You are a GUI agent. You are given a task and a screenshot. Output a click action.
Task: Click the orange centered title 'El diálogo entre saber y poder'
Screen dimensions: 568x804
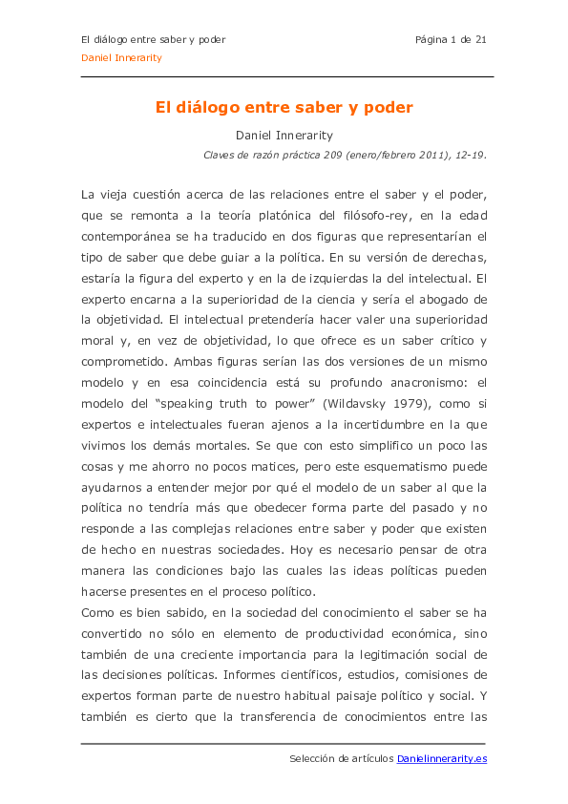284,108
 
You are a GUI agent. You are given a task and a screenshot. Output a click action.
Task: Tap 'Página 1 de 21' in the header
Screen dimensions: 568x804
451,39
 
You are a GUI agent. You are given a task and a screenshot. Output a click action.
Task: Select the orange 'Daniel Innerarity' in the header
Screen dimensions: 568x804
121,57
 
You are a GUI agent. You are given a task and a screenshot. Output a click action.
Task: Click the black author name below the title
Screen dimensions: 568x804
284,136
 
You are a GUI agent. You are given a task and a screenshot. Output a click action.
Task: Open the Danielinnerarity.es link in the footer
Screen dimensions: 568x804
442,759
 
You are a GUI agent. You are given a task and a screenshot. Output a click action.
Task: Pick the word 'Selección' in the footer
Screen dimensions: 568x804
312,759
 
